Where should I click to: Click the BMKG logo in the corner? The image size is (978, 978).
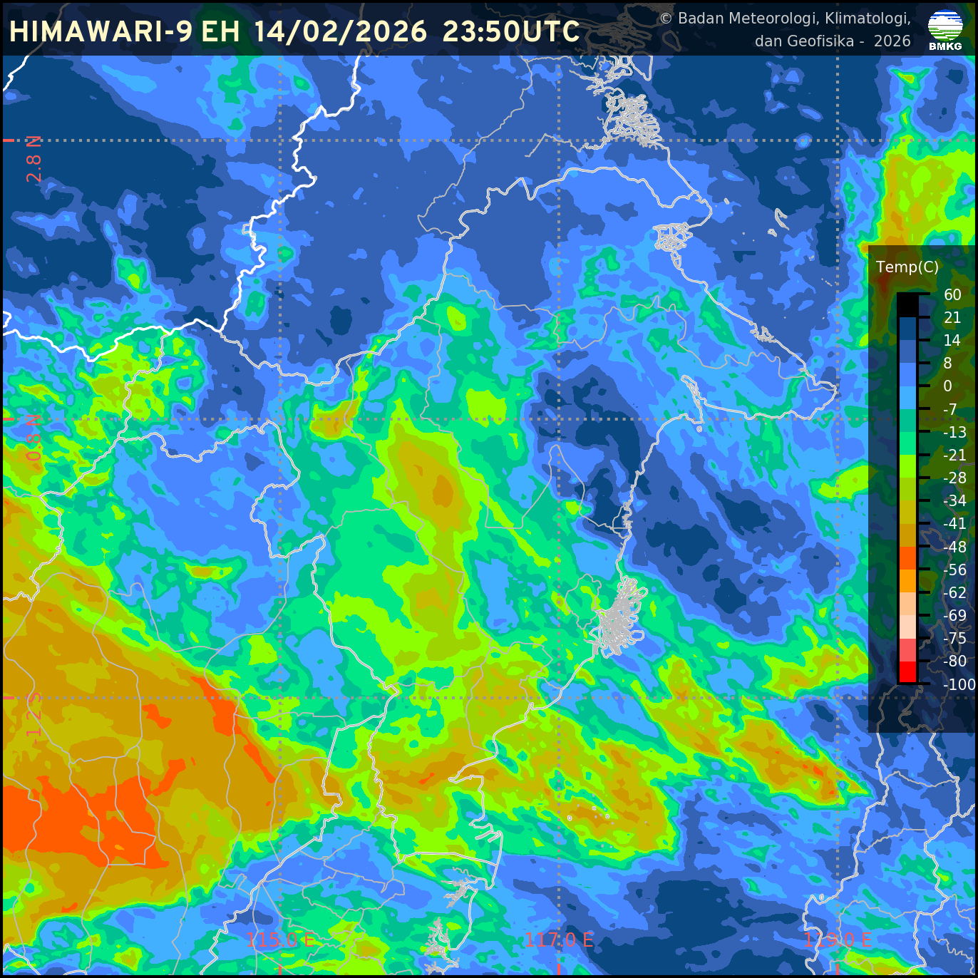(945, 29)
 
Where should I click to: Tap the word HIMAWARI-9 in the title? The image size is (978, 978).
(101, 31)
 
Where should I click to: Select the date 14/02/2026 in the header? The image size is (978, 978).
(340, 31)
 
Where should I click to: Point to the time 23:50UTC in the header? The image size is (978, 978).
(511, 31)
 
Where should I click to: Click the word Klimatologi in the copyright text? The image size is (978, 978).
(868, 18)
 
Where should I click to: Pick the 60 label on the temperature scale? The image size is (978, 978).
(952, 294)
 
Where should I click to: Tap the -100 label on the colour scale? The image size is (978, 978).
(959, 684)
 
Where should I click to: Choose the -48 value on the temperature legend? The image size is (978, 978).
(954, 547)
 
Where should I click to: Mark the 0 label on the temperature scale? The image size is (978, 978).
(947, 386)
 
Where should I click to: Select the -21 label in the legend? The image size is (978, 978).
(954, 455)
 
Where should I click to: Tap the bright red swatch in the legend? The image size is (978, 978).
(907, 672)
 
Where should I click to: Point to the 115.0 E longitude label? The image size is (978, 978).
(281, 940)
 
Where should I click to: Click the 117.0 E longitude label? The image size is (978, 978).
(559, 940)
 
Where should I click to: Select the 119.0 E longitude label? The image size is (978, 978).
(838, 940)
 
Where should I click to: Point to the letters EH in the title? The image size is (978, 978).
(220, 31)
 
